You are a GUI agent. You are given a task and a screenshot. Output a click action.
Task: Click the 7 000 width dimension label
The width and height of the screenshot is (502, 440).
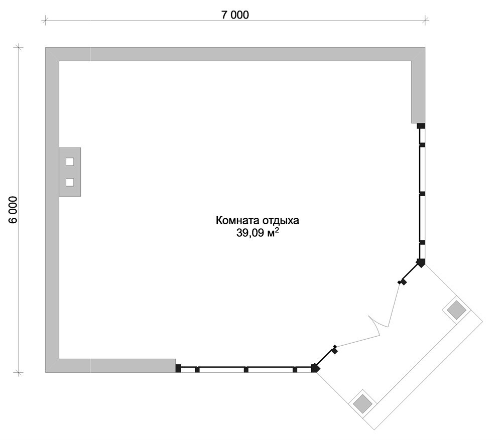[235, 15]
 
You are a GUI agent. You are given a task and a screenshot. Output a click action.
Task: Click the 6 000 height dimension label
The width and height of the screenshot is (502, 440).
[14, 210]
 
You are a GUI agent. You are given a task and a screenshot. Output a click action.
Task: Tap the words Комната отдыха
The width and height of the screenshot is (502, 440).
[258, 220]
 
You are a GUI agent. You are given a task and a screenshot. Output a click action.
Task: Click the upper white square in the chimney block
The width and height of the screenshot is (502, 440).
[70, 162]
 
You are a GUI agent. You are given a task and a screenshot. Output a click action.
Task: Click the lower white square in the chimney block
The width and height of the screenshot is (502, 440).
[70, 183]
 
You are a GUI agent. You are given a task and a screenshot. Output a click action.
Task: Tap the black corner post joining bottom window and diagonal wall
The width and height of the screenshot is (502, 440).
[315, 368]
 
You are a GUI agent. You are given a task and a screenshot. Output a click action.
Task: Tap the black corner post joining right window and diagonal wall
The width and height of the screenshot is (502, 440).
[421, 263]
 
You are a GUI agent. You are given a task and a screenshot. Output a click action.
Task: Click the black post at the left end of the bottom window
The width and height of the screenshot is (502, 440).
[178, 368]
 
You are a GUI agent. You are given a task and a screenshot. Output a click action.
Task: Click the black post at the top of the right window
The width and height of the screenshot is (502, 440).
[421, 126]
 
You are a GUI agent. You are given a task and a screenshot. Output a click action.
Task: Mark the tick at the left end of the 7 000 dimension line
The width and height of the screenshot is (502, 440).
[45, 21]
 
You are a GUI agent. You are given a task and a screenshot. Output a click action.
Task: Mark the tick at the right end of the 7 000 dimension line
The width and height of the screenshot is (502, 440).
[425, 21]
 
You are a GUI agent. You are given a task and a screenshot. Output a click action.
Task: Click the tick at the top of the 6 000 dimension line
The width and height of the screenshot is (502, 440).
[18, 48]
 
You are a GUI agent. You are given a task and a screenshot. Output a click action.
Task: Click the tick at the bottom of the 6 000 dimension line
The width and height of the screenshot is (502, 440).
[18, 372]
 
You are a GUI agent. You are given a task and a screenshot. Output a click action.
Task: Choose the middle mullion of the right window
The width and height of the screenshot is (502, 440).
[422, 194]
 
